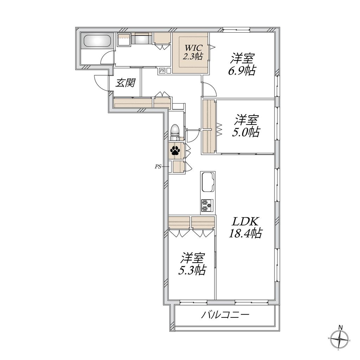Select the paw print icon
pyautogui.click(x=175, y=151)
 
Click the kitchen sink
pyautogui.click(x=207, y=182)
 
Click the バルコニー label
pyautogui.click(x=225, y=314)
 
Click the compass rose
pyautogui.click(x=340, y=340)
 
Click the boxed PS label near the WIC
pyautogui.click(x=162, y=71)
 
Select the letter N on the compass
pyautogui.click(x=340, y=328)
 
